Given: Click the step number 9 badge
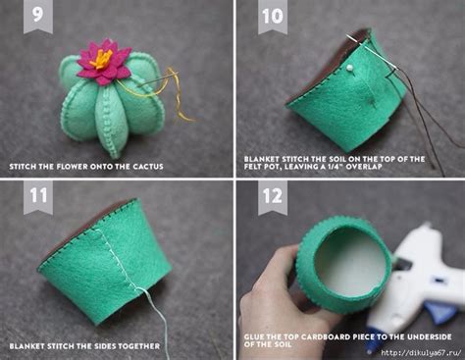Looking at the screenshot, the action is click(38, 16).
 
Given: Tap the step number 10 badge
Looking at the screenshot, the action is click(273, 16).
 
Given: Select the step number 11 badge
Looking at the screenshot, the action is click(38, 197).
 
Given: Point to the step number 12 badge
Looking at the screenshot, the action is click(273, 197).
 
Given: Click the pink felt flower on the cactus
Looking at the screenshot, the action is click(103, 62).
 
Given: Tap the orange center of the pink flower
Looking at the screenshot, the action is click(101, 58).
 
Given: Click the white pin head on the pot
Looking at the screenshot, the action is click(349, 68).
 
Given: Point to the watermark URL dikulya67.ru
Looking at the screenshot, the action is click(421, 353).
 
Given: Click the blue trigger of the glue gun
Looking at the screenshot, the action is click(439, 311).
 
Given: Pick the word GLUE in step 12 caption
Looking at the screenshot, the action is click(254, 336).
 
